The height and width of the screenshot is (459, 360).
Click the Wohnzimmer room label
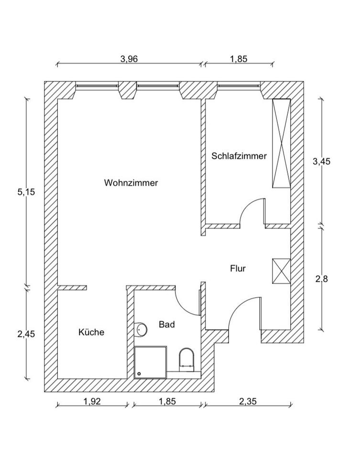131,183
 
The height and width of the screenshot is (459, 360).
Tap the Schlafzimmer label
239,156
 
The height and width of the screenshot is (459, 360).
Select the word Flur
238,269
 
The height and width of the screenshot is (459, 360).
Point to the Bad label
167,325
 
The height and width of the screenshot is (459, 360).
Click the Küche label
91,332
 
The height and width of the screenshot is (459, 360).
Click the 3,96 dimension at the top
130,59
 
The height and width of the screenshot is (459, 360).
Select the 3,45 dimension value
321,161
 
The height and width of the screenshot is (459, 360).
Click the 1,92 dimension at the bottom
92,402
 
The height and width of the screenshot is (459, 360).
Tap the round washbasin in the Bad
141,329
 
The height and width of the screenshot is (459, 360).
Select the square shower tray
151,362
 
